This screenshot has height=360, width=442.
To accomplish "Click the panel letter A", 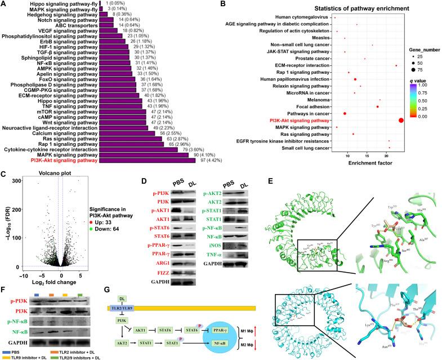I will [x=5, y=4].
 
